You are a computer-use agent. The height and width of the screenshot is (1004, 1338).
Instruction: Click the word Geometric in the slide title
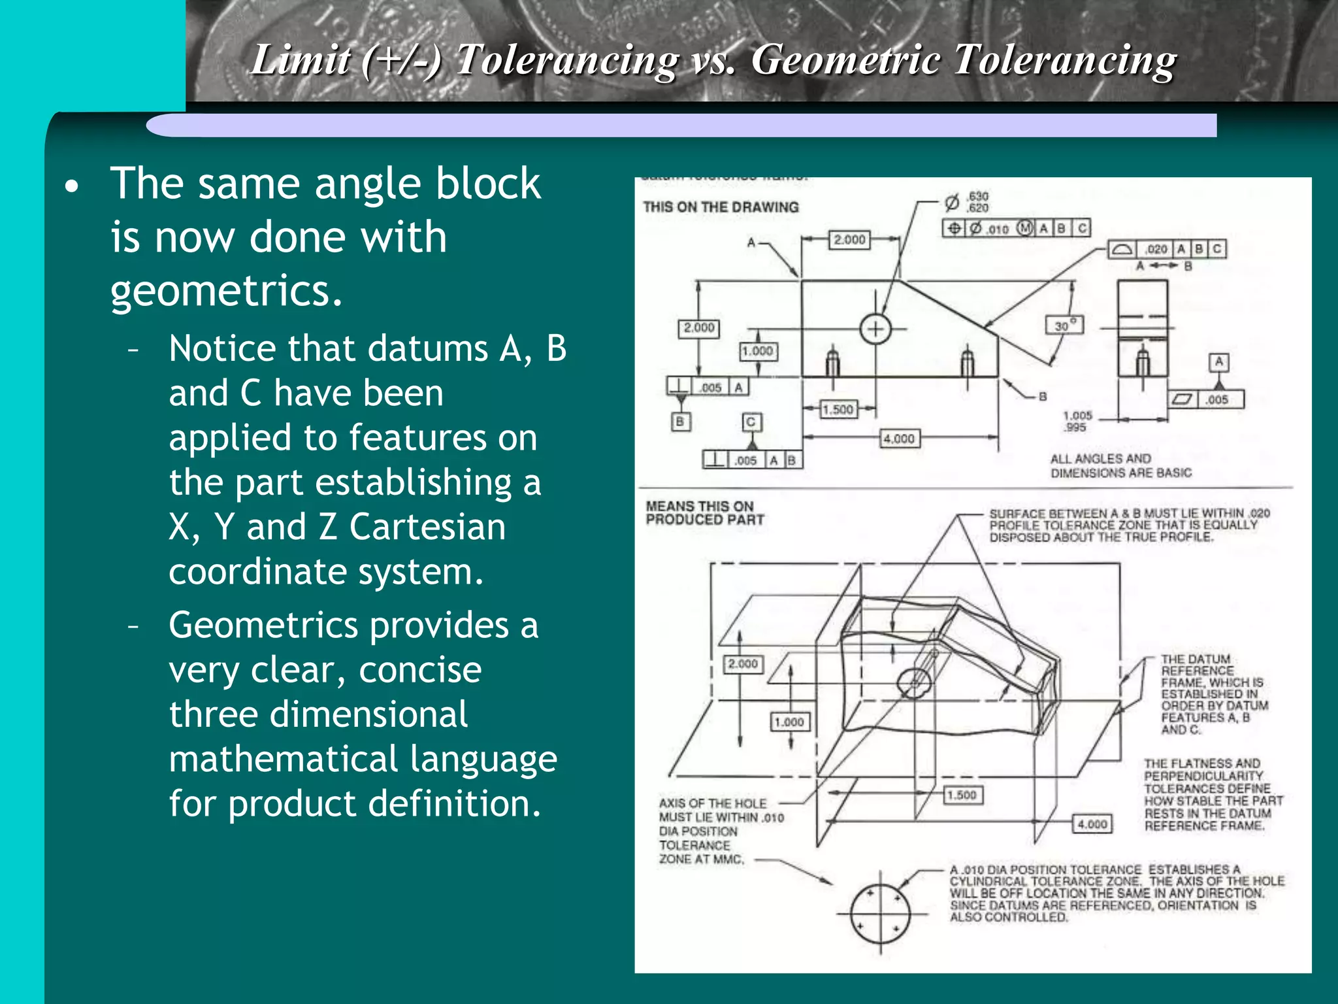tap(847, 60)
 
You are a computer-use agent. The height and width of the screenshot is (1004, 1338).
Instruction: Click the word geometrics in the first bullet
tap(225, 291)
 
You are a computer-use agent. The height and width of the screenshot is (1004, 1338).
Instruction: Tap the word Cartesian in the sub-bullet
tap(427, 527)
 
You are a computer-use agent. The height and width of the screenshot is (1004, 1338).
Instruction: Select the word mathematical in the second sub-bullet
tap(283, 759)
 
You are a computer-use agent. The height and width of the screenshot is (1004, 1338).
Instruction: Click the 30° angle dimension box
tap(1064, 325)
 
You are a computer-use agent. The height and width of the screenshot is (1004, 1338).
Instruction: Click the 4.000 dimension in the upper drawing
tap(899, 439)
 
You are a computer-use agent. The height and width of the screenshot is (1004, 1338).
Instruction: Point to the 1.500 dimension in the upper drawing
tap(838, 409)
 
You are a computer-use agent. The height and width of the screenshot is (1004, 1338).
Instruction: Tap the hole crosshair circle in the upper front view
tap(875, 329)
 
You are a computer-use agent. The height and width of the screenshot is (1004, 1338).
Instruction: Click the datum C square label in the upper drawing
tap(751, 422)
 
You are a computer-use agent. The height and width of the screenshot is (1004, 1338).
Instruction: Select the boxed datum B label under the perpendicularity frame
tap(680, 422)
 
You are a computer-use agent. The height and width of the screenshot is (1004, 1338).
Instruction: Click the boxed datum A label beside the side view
tap(1219, 361)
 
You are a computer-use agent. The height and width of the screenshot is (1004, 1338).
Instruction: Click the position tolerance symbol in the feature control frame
tap(955, 228)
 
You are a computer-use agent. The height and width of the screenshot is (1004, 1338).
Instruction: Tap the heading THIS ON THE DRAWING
tap(721, 207)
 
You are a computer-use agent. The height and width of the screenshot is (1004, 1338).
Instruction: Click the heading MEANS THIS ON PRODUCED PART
tap(704, 513)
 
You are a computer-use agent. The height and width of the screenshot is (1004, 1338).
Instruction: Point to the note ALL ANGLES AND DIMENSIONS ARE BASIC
tap(1120, 465)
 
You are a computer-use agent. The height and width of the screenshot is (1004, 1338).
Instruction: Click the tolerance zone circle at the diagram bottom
tap(880, 913)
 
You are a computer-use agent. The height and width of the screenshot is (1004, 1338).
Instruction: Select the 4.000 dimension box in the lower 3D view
tap(1092, 824)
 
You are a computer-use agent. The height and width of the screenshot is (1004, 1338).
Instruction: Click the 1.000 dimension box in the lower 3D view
tap(789, 722)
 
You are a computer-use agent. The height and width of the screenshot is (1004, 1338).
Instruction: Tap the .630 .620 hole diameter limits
tap(977, 202)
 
